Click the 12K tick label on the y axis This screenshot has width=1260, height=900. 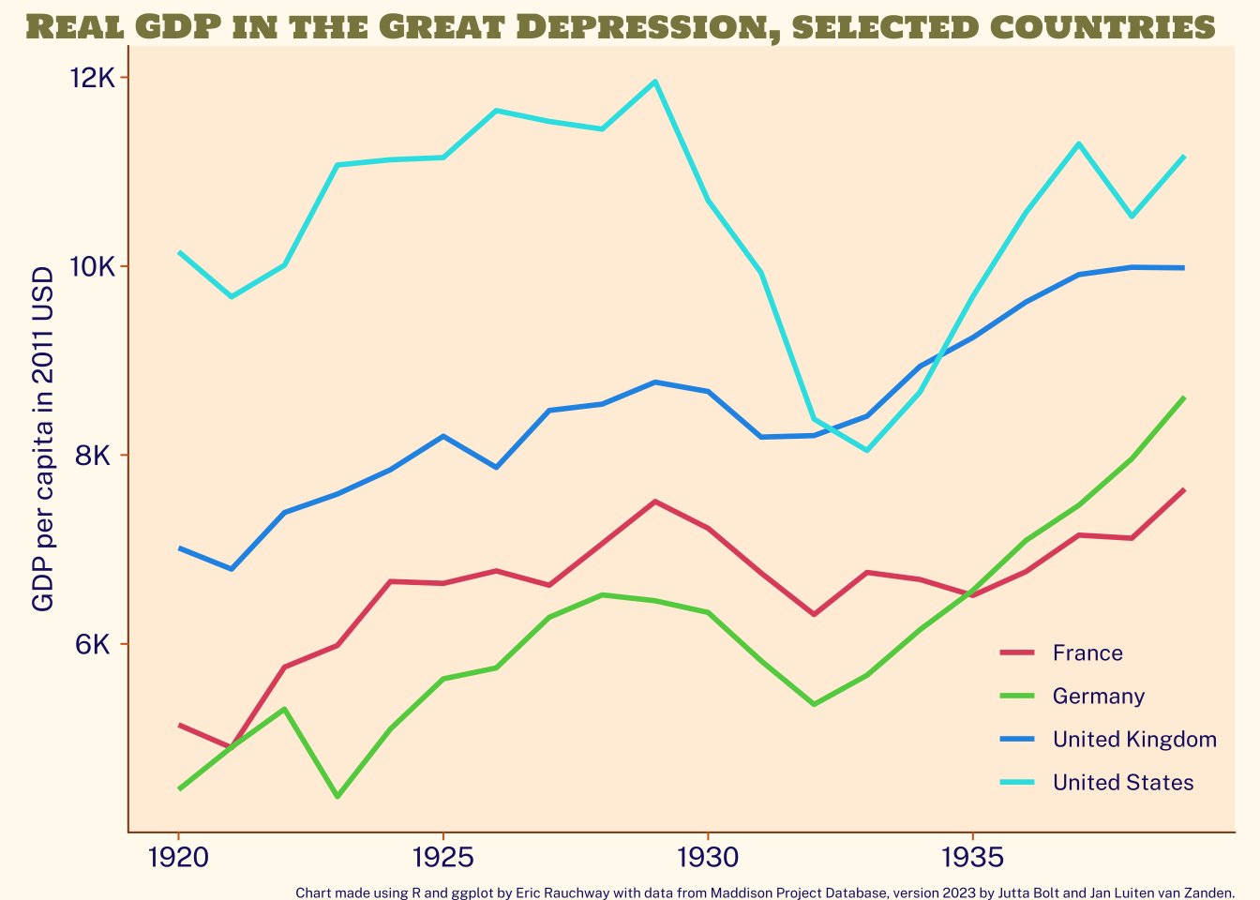[x=92, y=78]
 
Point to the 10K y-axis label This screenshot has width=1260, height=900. [x=92, y=266]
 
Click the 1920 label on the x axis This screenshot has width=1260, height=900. [x=178, y=858]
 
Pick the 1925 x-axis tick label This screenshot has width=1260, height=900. [x=443, y=858]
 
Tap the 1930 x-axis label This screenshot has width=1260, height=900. [x=708, y=858]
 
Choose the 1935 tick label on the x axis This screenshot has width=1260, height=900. [x=972, y=858]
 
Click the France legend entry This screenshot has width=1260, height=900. [x=1087, y=653]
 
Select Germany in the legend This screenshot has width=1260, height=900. [x=1099, y=697]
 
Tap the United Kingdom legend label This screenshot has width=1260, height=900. [x=1134, y=739]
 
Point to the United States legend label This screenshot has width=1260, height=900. [x=1123, y=783]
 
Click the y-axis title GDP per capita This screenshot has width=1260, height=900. [x=43, y=440]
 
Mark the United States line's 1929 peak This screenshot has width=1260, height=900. [x=654, y=82]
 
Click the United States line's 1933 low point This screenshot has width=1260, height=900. [x=867, y=450]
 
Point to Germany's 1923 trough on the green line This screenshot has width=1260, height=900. [x=337, y=797]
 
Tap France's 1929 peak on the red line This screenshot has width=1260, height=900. [x=654, y=502]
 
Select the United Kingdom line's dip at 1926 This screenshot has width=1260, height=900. [x=496, y=467]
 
